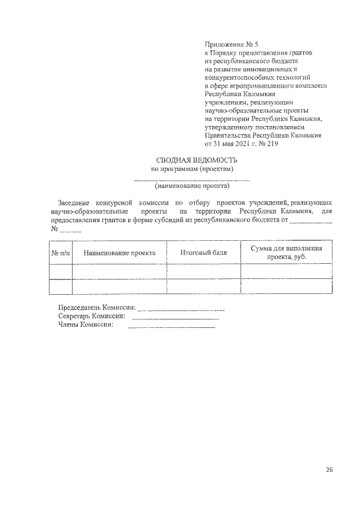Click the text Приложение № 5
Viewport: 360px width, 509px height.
[231, 43]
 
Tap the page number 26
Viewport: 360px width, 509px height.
[329, 469]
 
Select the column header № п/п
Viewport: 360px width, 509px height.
[61, 253]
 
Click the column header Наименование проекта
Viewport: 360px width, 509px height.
[119, 253]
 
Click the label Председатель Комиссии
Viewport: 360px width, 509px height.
[97, 308]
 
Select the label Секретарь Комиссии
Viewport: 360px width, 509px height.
[92, 316]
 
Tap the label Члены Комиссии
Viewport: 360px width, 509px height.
[86, 325]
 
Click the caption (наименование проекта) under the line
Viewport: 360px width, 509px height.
[192, 184]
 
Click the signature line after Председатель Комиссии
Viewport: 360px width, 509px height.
[181, 309]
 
